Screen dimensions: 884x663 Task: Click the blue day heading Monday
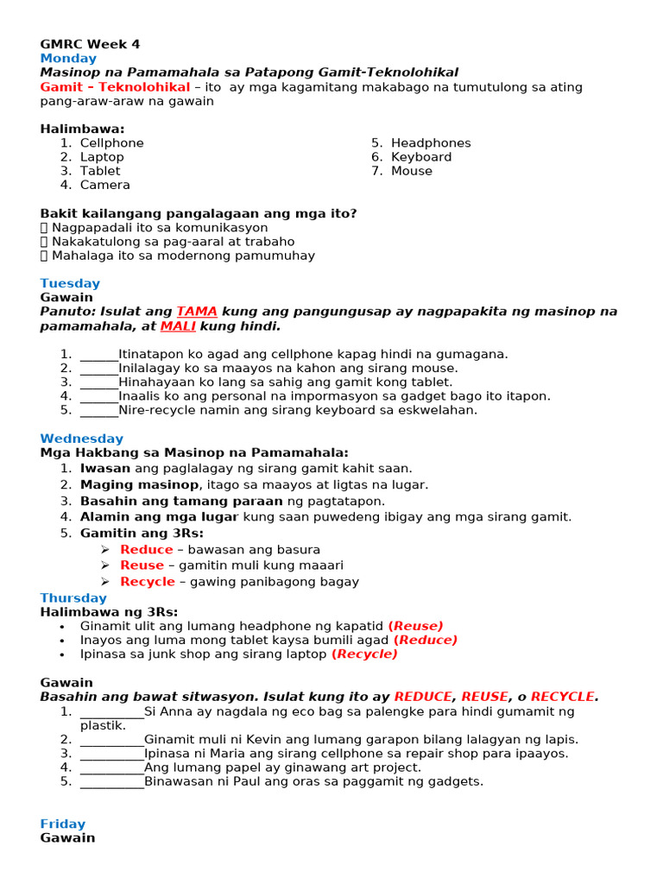[68, 58]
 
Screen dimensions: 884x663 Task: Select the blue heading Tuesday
[70, 283]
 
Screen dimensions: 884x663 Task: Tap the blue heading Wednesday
[81, 439]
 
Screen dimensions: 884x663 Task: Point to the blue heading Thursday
[73, 597]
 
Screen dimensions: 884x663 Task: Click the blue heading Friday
[63, 824]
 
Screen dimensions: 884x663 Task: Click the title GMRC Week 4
[90, 44]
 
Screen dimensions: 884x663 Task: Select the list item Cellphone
[112, 142]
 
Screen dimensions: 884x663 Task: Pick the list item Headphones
[431, 142]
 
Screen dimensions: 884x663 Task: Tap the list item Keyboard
[421, 156]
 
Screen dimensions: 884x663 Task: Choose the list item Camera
[105, 185]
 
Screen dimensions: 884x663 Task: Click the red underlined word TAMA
[197, 311]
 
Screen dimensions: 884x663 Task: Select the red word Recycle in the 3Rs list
[147, 581]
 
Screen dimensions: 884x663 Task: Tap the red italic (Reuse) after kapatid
[415, 625]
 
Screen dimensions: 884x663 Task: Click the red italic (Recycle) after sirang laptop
[364, 654]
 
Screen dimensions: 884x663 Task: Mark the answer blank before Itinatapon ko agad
[98, 353]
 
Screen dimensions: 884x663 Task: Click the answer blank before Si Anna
[111, 711]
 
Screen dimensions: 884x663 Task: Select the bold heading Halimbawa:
[82, 129]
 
